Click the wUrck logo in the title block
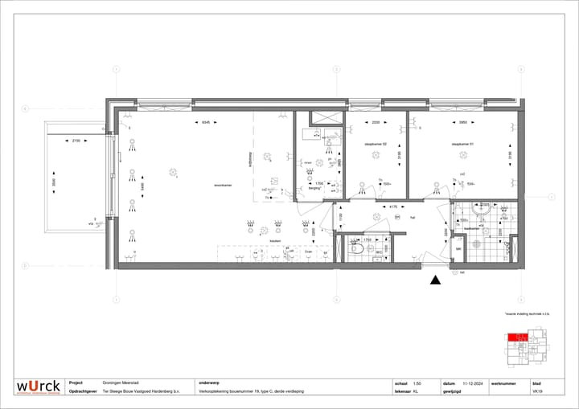[x=38, y=387]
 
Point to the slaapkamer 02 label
[x=376, y=145]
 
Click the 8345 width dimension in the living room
[x=205, y=123]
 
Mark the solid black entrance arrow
[x=435, y=280]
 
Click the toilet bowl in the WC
[x=356, y=250]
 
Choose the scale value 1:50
[x=417, y=383]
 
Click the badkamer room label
[x=472, y=228]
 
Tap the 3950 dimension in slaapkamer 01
[x=463, y=123]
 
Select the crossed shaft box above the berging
[x=327, y=117]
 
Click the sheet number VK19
[x=537, y=392]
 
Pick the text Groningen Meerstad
[x=123, y=383]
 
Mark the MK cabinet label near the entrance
[x=458, y=250]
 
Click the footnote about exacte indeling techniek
[x=527, y=313]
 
